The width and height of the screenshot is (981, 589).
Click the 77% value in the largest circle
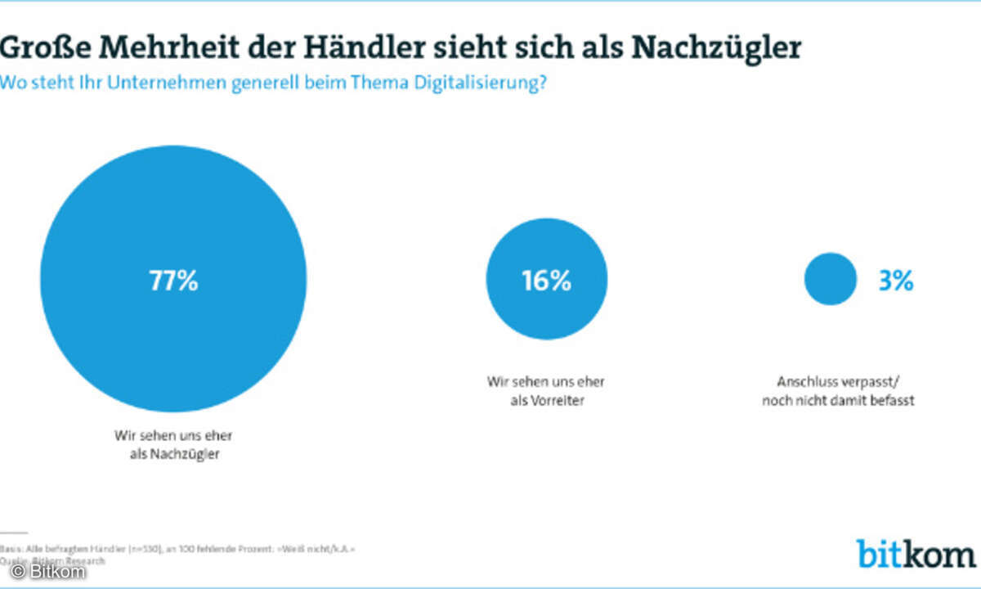pyautogui.click(x=173, y=281)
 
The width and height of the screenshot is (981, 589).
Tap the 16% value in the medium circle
pyautogui.click(x=546, y=281)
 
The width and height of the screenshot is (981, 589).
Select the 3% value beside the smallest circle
pyautogui.click(x=896, y=281)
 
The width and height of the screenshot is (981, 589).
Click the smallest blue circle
pyautogui.click(x=830, y=279)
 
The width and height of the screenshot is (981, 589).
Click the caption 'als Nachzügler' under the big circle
pyautogui.click(x=173, y=454)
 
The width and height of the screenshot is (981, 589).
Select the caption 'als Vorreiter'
pyautogui.click(x=546, y=401)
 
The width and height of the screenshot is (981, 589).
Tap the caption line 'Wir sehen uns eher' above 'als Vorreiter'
pyautogui.click(x=546, y=381)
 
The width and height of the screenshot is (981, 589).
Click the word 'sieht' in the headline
pyautogui.click(x=477, y=48)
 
